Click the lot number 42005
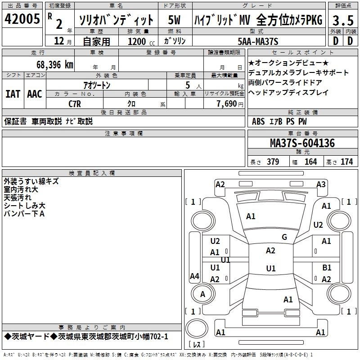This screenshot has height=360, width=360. [22, 19]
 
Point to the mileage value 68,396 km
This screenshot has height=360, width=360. [54, 65]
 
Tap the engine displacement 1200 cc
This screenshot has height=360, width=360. [138, 41]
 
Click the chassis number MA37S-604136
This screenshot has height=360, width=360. [302, 143]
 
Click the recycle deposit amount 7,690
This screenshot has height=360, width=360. [226, 103]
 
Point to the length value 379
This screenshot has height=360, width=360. [272, 162]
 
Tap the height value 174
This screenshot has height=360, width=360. [346, 162]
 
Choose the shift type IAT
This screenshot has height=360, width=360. [13, 94]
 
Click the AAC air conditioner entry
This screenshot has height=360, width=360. [34, 94]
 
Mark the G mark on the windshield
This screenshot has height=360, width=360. [284, 237]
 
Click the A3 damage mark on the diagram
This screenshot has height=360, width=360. [321, 184]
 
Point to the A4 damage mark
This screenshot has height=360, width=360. [194, 276]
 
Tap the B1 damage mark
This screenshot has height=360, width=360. [327, 267]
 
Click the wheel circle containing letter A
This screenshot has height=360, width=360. [202, 294]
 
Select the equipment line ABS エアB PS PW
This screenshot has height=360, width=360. [279, 121]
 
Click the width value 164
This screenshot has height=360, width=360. [310, 162]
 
